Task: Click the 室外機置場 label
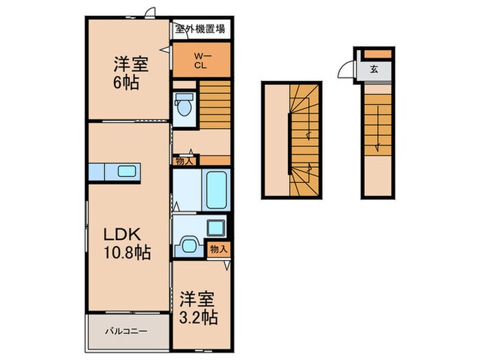(x=200, y=29)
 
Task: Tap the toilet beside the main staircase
(x=184, y=107)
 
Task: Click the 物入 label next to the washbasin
(x=219, y=249)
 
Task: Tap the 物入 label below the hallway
(x=184, y=160)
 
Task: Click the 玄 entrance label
(x=374, y=69)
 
